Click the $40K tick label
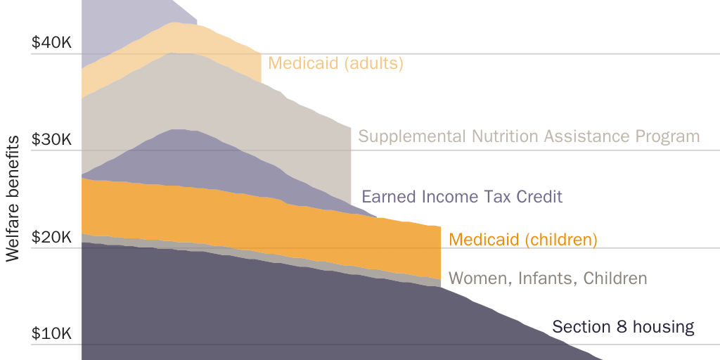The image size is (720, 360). pos(51,43)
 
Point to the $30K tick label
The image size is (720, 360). pos(51,140)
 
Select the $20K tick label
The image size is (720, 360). pos(51,238)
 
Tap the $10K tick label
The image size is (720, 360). pos(51,334)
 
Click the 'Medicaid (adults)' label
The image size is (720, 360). pos(335,63)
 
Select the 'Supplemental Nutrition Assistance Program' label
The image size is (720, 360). pos(529,136)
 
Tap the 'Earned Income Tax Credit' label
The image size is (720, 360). pos(462,196)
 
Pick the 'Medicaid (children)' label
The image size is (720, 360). pos(523,240)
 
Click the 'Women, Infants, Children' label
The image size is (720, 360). pos(548,278)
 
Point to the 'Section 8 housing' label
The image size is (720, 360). pos(623,327)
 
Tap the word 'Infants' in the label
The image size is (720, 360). pos(544,278)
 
